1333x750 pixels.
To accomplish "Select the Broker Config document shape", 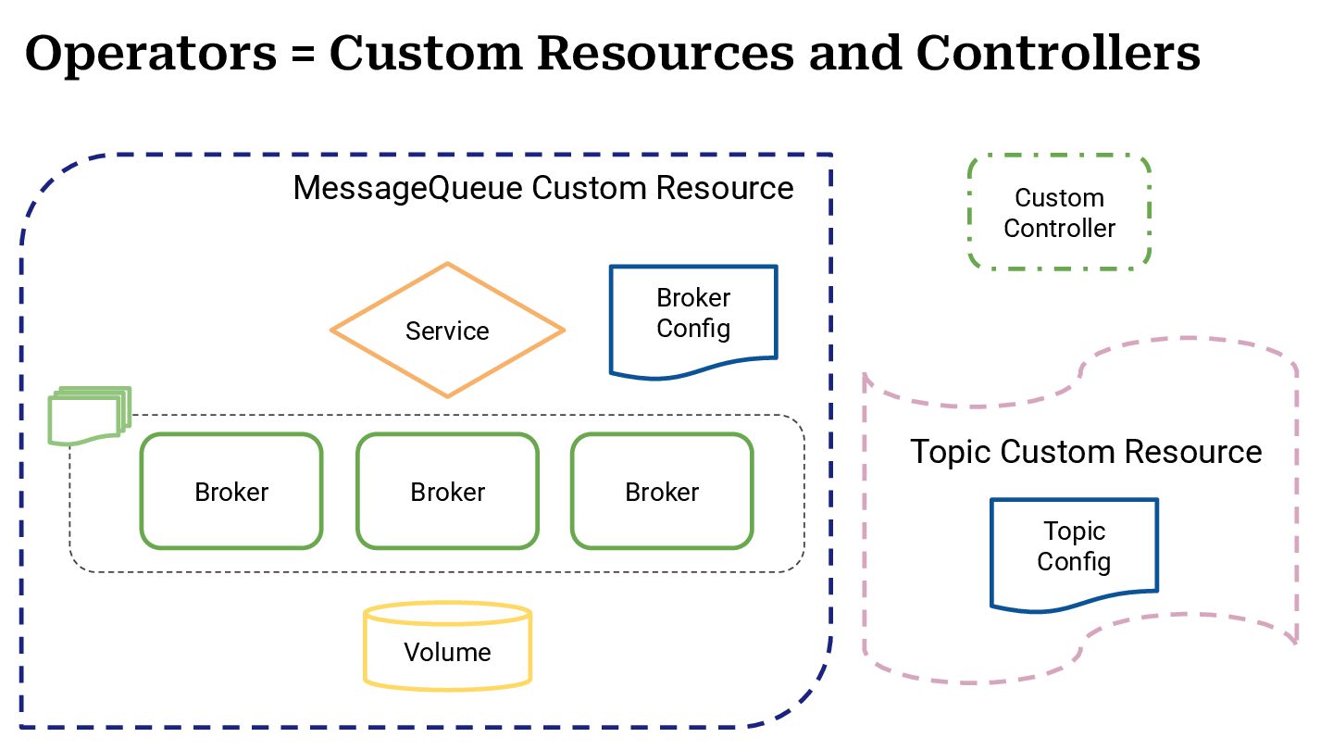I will tap(693, 320).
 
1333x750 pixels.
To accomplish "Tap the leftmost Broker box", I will tap(231, 492).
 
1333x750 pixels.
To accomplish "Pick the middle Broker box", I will tap(447, 492).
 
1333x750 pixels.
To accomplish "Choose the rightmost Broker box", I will tap(662, 492).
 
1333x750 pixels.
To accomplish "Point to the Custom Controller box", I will tap(1059, 213).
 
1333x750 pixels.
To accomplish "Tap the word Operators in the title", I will tap(150, 54).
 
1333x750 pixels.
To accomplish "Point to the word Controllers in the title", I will tap(1058, 54).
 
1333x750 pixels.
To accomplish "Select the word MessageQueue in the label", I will tap(409, 188).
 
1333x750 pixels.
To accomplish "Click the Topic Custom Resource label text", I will tap(1085, 452).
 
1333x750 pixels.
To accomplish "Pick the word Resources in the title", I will tap(666, 54).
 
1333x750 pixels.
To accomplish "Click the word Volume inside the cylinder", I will tap(447, 652).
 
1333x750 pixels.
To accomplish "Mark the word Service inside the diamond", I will tap(447, 331).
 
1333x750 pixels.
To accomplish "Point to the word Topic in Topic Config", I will tap(1074, 531).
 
